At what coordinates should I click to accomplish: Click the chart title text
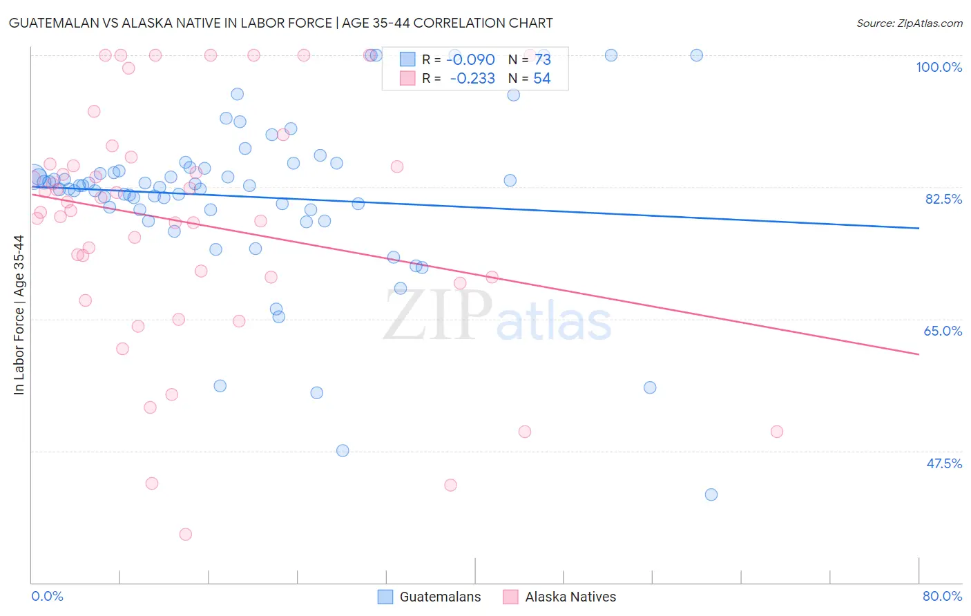tap(280, 23)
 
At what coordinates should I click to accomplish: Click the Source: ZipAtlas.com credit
tap(909, 23)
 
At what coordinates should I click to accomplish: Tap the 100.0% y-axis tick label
tap(939, 67)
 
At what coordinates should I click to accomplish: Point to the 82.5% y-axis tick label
tap(943, 199)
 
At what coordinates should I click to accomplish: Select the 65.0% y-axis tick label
tap(943, 331)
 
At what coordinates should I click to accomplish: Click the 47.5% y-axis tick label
tap(943, 463)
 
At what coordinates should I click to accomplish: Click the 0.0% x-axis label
tap(47, 596)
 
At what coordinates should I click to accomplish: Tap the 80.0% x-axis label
tap(942, 596)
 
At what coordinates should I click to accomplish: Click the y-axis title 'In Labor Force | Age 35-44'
tap(19, 315)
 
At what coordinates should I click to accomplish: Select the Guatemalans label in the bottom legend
tap(440, 597)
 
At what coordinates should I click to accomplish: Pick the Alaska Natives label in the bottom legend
tap(570, 597)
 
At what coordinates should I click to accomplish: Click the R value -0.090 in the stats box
tap(471, 59)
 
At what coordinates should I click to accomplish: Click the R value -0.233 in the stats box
tap(472, 78)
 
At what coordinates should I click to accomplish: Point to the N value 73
tap(542, 59)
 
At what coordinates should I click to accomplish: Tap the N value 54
tap(541, 78)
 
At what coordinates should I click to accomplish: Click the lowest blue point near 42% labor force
tap(711, 494)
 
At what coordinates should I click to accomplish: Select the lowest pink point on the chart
tap(185, 534)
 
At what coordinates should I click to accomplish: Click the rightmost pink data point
tap(777, 432)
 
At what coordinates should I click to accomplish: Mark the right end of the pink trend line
tap(919, 354)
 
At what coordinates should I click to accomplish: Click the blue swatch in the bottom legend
tap(385, 597)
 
